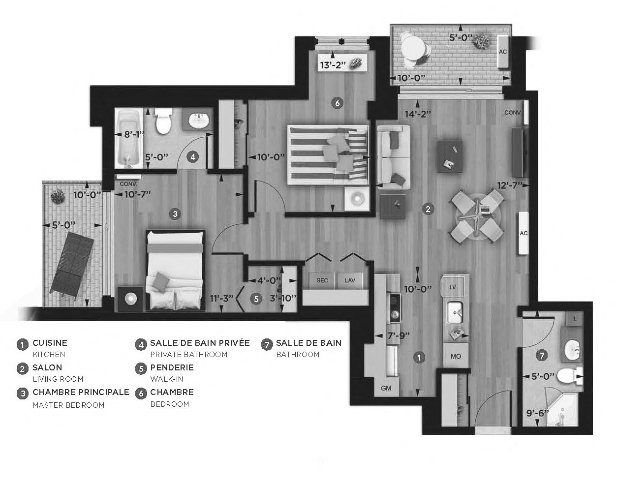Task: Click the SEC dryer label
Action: [322, 280]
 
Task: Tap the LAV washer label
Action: [350, 280]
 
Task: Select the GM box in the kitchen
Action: [386, 388]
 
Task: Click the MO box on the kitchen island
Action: [456, 356]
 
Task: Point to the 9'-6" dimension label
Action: [537, 413]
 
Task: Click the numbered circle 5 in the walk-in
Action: [255, 298]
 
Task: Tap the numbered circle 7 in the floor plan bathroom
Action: [541, 355]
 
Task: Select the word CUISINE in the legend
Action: [50, 343]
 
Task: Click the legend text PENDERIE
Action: [172, 367]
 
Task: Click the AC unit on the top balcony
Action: [503, 52]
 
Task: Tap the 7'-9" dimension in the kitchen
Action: [399, 336]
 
